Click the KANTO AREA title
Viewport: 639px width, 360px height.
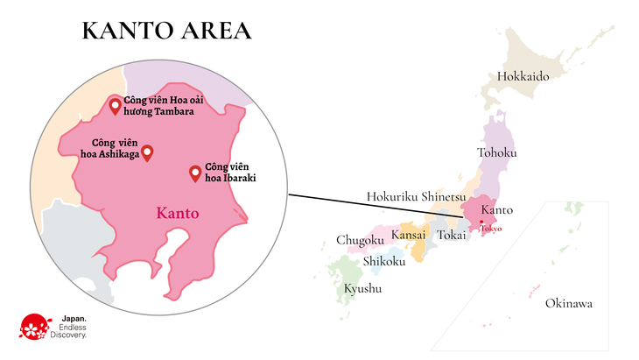coord(166,31)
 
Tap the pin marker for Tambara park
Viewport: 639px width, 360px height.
coord(115,107)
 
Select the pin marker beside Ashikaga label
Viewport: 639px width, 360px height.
coord(147,152)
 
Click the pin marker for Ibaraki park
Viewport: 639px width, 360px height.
coord(195,173)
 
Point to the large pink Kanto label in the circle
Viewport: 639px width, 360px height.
coord(178,213)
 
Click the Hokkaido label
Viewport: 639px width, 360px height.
coord(523,76)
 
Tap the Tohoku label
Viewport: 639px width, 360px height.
coord(496,153)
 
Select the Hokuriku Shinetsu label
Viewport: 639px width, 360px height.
coord(415,196)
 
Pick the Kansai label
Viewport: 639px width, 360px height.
coord(408,235)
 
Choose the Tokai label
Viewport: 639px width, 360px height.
coord(452,235)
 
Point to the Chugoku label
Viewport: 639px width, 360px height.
coord(360,240)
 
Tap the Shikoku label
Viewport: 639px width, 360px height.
coord(383,261)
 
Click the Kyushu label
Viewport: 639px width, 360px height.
coord(362,288)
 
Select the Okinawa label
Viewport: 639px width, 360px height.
coord(568,304)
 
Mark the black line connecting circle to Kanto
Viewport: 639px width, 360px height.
coord(376,206)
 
